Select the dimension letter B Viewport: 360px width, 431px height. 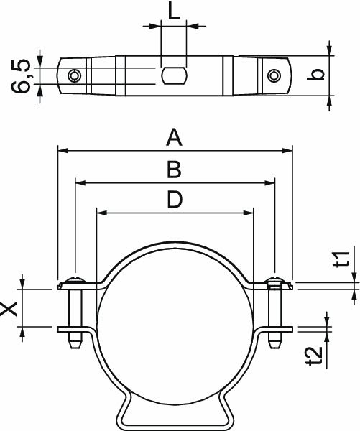(173, 170)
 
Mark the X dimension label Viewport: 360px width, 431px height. (10, 309)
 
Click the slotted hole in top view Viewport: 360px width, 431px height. (174, 75)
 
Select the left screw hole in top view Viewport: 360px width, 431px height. (74, 75)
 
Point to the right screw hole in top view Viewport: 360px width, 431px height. (274, 75)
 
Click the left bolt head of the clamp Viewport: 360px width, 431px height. (75, 280)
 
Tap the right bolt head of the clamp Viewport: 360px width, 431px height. (274, 280)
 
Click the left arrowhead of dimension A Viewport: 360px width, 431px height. (61, 151)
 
